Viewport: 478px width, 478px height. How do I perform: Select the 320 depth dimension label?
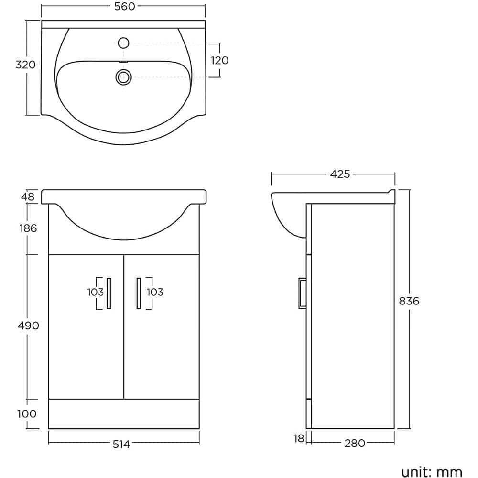25,65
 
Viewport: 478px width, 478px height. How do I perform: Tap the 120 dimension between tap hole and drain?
219,60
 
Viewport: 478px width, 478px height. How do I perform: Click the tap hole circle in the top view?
123,43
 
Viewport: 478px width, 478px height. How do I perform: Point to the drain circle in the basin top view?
123,77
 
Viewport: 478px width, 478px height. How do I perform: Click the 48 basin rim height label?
28,196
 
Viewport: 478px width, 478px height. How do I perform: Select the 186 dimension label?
28,228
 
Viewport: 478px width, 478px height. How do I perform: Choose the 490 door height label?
28,326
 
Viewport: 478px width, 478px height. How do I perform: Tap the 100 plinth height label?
27,413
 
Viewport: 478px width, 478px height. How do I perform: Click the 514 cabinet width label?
121,445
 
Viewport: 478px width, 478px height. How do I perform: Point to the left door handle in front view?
109,293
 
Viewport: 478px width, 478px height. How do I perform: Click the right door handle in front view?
138,293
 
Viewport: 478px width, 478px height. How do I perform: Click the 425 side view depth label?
340,174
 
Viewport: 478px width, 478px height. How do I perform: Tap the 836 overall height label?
409,301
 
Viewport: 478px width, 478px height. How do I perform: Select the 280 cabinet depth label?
354,444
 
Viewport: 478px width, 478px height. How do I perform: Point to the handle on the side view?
302,293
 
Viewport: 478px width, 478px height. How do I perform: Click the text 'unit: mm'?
432,472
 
